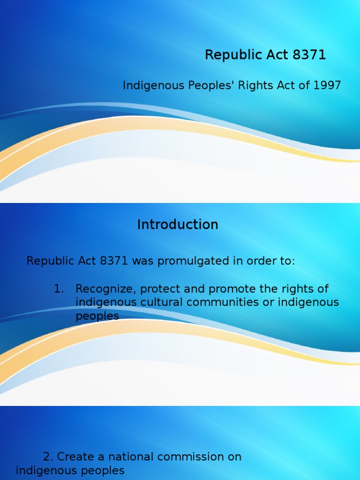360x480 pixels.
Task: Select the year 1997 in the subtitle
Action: (x=327, y=85)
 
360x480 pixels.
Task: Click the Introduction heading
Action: (x=178, y=225)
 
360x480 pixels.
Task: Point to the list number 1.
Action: (x=58, y=289)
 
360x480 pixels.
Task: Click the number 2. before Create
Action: (x=48, y=457)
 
